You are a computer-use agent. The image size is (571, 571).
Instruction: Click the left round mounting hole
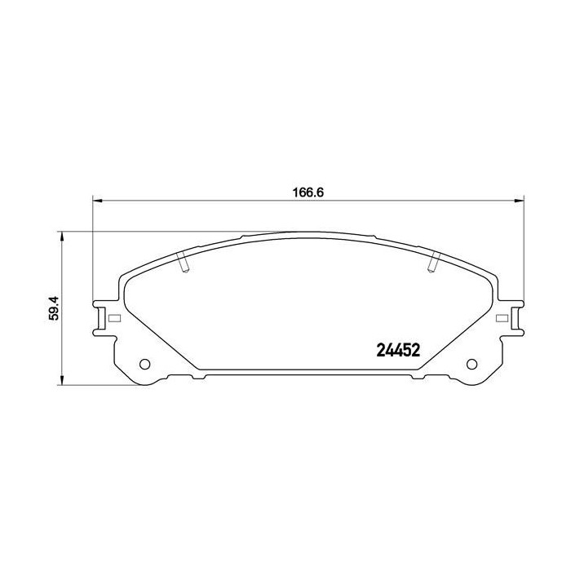tap(146, 364)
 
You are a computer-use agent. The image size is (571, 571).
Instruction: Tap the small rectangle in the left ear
tap(114, 318)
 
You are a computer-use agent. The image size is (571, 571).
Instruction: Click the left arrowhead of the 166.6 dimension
tap(95, 201)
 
